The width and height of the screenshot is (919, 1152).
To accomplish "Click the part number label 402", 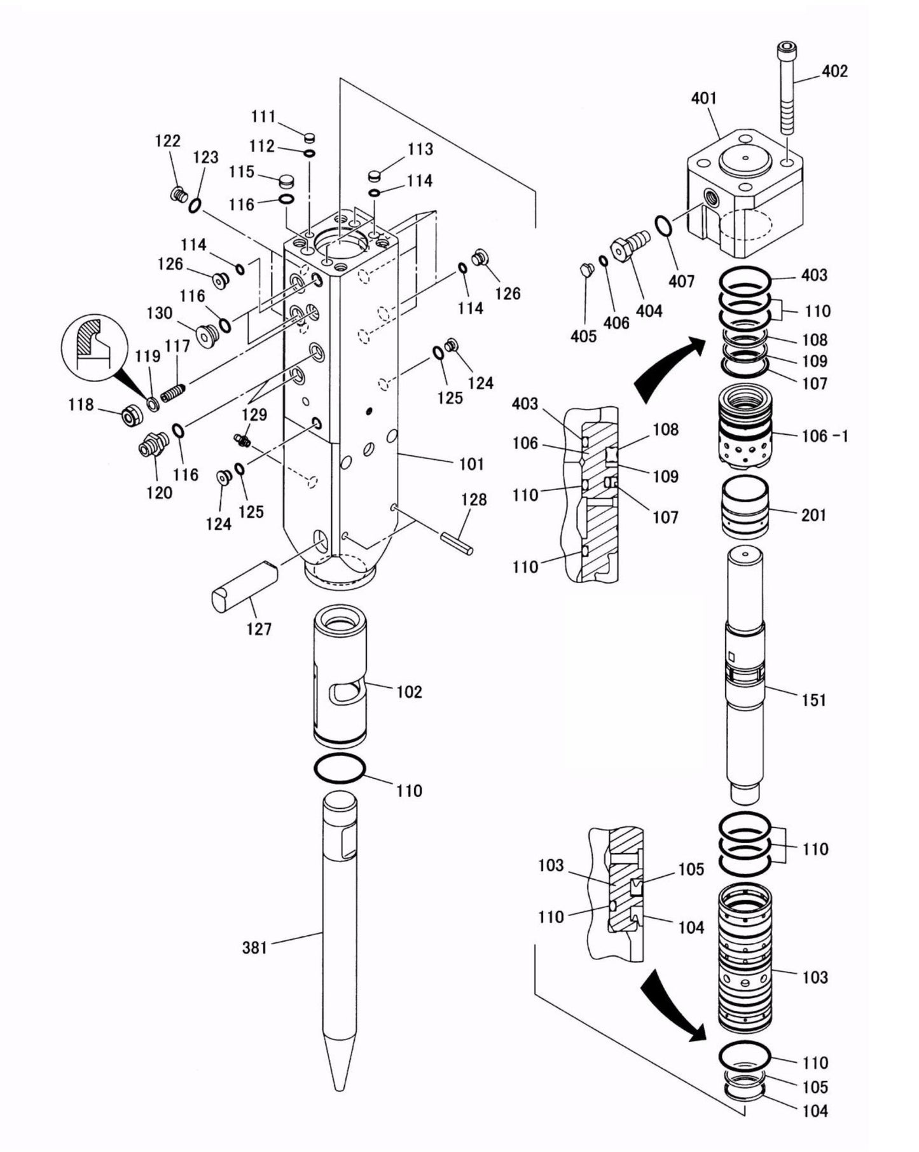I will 834,71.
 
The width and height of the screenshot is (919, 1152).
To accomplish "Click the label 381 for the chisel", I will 254,948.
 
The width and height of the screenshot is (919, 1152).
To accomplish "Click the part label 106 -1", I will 822,436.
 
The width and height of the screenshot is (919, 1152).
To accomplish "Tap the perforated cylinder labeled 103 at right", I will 745,957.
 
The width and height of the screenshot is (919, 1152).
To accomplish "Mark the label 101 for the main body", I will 471,463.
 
